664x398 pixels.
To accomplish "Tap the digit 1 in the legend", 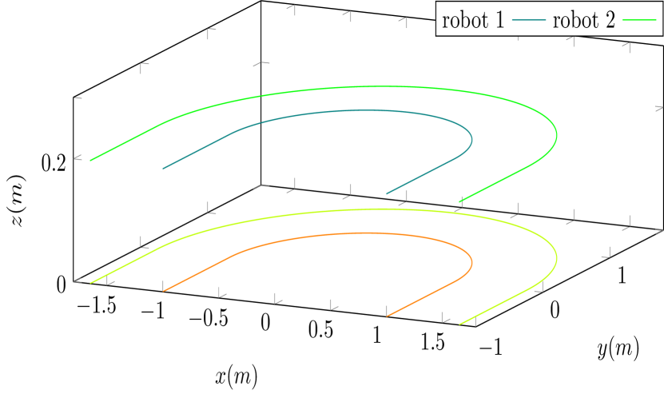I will (x=499, y=20).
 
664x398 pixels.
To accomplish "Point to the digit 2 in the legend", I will (x=610, y=20).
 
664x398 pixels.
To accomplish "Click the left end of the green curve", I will (x=91, y=160).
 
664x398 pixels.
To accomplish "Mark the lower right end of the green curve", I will (x=460, y=201).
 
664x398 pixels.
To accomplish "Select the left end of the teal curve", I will (x=163, y=169).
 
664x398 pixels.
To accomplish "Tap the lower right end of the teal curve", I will (x=388, y=193).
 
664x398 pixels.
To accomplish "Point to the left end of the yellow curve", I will (x=91, y=282).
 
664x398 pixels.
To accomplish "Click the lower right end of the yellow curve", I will (x=460, y=324).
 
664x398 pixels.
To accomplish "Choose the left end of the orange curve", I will (x=163, y=290).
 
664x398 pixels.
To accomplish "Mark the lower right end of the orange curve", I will (x=388, y=316).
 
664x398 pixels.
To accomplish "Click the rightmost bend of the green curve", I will (x=556, y=135).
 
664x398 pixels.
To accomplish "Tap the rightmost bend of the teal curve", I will (x=471, y=140).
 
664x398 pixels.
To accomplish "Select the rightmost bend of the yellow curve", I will (x=556, y=258).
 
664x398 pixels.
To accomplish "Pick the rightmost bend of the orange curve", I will (x=471, y=262).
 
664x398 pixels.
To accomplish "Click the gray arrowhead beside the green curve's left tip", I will (x=78, y=158).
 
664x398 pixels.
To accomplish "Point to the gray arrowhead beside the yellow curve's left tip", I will (x=78, y=281).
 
